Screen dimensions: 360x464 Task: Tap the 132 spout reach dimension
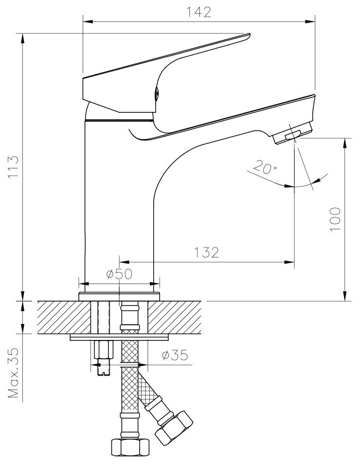point(207,252)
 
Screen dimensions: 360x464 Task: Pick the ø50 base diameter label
point(119,274)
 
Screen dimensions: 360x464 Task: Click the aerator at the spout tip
point(292,134)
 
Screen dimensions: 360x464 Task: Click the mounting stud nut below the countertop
point(103,349)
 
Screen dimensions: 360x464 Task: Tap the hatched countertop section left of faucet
point(63,317)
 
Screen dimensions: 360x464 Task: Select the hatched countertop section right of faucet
point(175,317)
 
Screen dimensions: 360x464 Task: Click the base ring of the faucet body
point(119,296)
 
